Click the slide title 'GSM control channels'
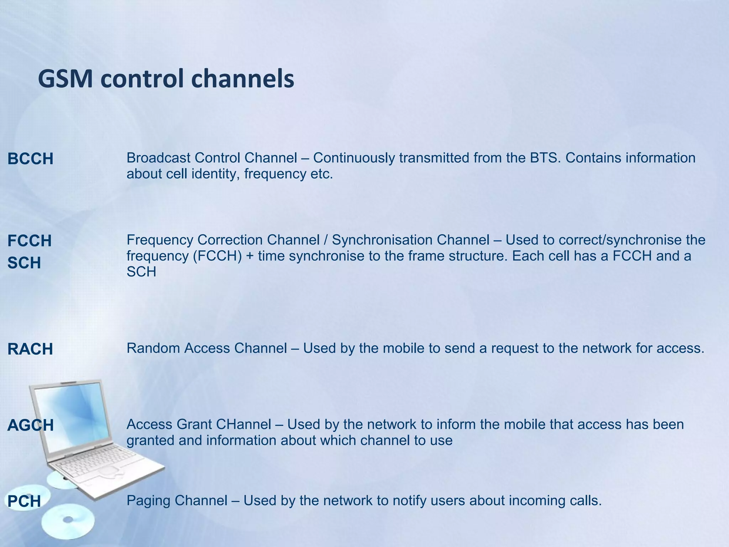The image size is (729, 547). point(166,79)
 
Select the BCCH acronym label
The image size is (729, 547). point(30,159)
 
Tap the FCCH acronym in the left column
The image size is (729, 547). point(30,241)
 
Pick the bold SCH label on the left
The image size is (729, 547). point(24,263)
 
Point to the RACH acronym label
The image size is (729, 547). point(30,349)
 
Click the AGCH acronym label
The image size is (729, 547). point(31,425)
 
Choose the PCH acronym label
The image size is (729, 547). point(24,501)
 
